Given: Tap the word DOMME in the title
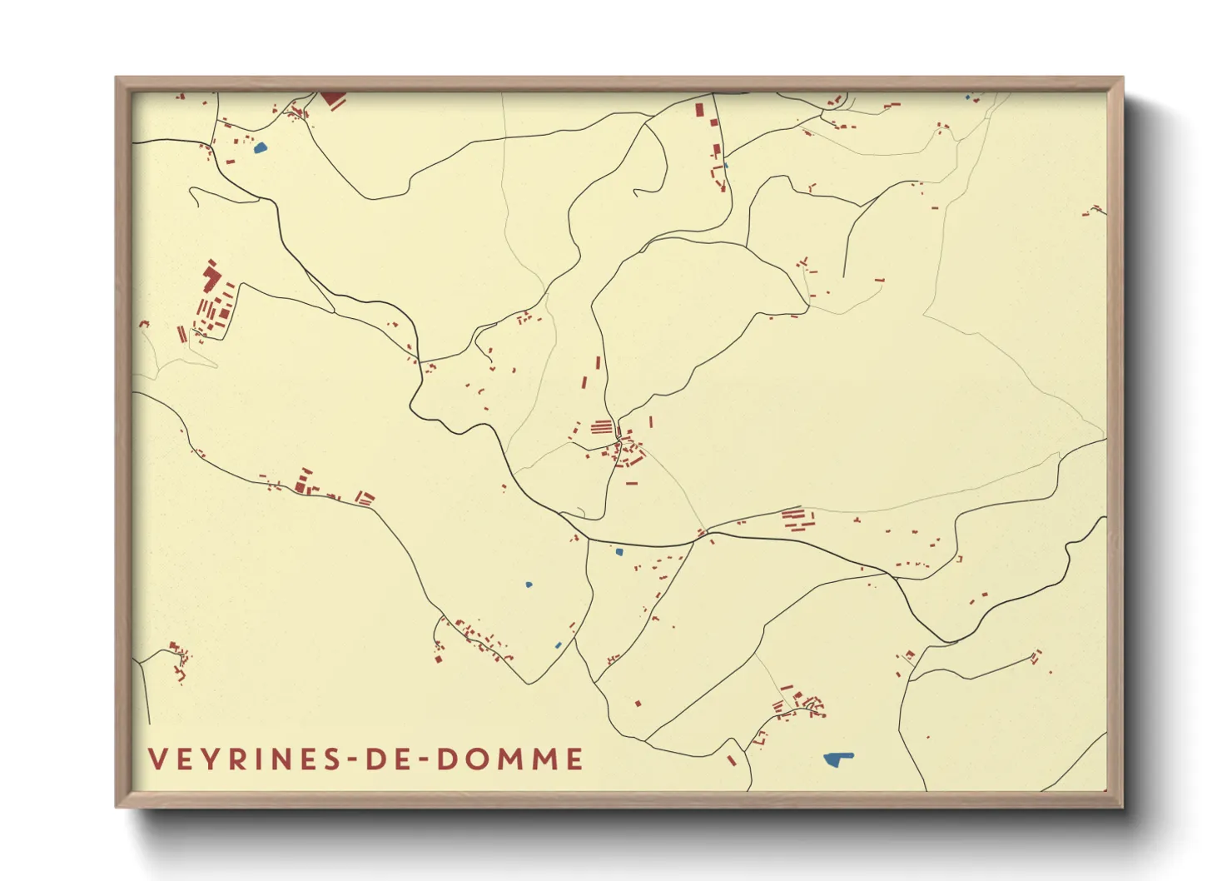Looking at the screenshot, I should [x=510, y=759].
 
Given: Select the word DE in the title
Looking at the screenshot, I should [x=390, y=759].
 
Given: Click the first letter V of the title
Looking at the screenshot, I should [x=157, y=759].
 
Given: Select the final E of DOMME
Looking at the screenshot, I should [x=574, y=759].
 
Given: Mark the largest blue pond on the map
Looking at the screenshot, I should [x=837, y=759].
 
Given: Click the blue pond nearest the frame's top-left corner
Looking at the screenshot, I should [x=260, y=149].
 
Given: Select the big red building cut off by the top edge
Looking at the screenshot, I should [x=334, y=99].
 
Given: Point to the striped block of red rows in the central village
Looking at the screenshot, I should [x=601, y=427].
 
